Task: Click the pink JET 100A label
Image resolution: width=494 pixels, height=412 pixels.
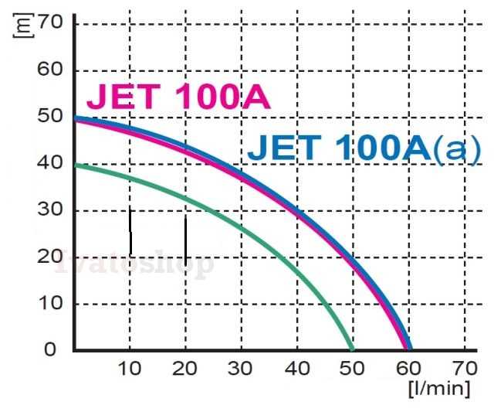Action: pyautogui.click(x=178, y=98)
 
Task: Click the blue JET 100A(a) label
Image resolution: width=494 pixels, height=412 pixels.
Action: pyautogui.click(x=364, y=149)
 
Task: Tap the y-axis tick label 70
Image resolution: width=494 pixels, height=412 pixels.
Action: pyautogui.click(x=50, y=22)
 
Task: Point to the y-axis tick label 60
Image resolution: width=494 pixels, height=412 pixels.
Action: pyautogui.click(x=50, y=70)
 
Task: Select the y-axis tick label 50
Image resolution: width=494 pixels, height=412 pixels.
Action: pyautogui.click(x=50, y=117)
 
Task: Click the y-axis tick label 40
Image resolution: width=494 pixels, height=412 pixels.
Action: pyautogui.click(x=50, y=164)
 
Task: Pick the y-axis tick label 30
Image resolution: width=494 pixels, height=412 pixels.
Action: pyautogui.click(x=50, y=210)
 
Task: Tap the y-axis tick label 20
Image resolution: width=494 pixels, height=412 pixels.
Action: pyautogui.click(x=50, y=257)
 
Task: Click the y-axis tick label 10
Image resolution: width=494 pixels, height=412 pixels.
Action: pyautogui.click(x=50, y=304)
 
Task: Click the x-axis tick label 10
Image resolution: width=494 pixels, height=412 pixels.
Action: pyautogui.click(x=130, y=369)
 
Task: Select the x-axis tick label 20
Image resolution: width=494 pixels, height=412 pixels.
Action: pyautogui.click(x=186, y=369)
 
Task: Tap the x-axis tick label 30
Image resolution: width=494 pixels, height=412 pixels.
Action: pyautogui.click(x=242, y=369)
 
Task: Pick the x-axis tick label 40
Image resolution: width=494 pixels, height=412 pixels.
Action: pyautogui.click(x=297, y=369)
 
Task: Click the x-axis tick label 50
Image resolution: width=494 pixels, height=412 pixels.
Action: pyautogui.click(x=353, y=369)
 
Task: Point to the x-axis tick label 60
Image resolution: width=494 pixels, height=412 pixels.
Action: pyautogui.click(x=409, y=369)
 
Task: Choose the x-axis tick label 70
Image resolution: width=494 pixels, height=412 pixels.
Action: pyautogui.click(x=465, y=369)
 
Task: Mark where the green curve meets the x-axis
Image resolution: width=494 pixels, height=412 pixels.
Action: pyautogui.click(x=353, y=349)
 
